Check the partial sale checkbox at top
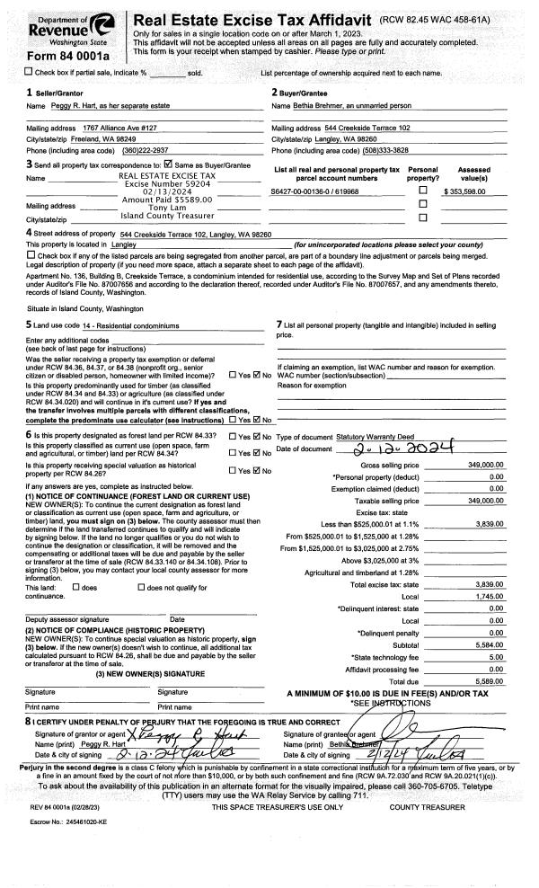(9, 72)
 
